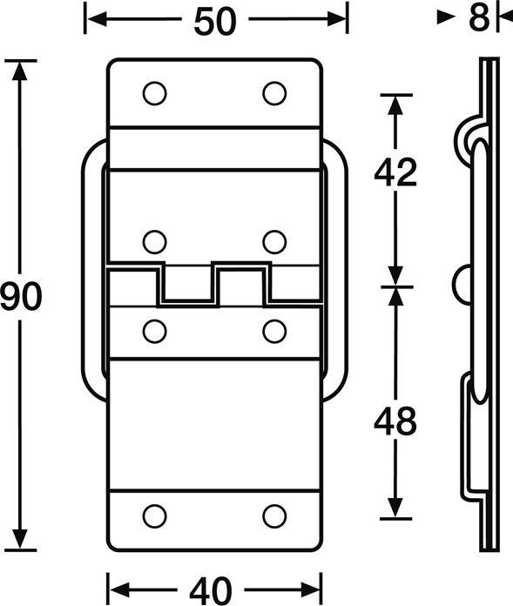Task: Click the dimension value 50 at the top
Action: click(214, 22)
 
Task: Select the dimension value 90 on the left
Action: click(20, 296)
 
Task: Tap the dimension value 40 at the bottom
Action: click(211, 590)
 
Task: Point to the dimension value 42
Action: click(395, 172)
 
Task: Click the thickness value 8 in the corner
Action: click(478, 17)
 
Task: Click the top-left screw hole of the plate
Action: click(155, 93)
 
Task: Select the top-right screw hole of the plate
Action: click(274, 93)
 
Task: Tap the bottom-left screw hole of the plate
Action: click(155, 516)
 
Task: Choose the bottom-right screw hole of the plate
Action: click(274, 516)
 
